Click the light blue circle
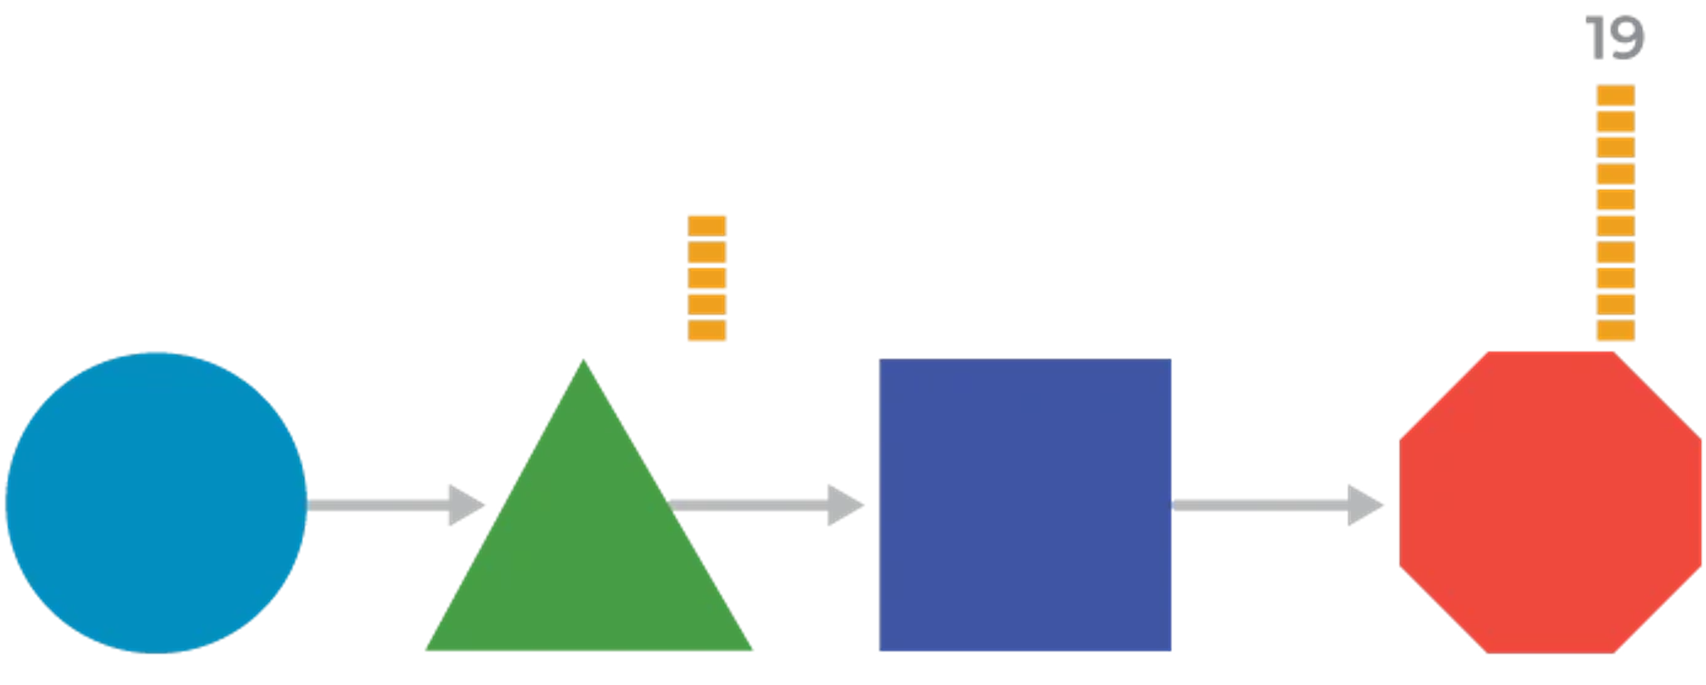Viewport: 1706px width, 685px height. (156, 502)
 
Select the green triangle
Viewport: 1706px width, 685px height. (588, 550)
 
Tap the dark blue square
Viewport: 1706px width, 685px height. (1025, 504)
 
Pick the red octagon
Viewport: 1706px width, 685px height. (1550, 502)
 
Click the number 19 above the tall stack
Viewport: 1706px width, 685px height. (1614, 39)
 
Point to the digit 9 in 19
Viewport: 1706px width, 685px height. (1627, 39)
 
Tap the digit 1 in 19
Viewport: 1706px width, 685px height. (1597, 39)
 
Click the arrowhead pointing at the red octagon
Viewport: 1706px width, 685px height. (1366, 505)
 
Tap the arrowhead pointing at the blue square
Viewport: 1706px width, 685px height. (846, 505)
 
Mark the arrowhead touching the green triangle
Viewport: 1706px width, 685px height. (466, 505)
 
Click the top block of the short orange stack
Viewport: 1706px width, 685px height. (707, 226)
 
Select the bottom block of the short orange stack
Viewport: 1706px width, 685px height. (707, 330)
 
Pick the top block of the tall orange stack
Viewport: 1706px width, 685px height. (1615, 95)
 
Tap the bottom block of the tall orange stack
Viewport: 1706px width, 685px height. (1615, 330)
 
